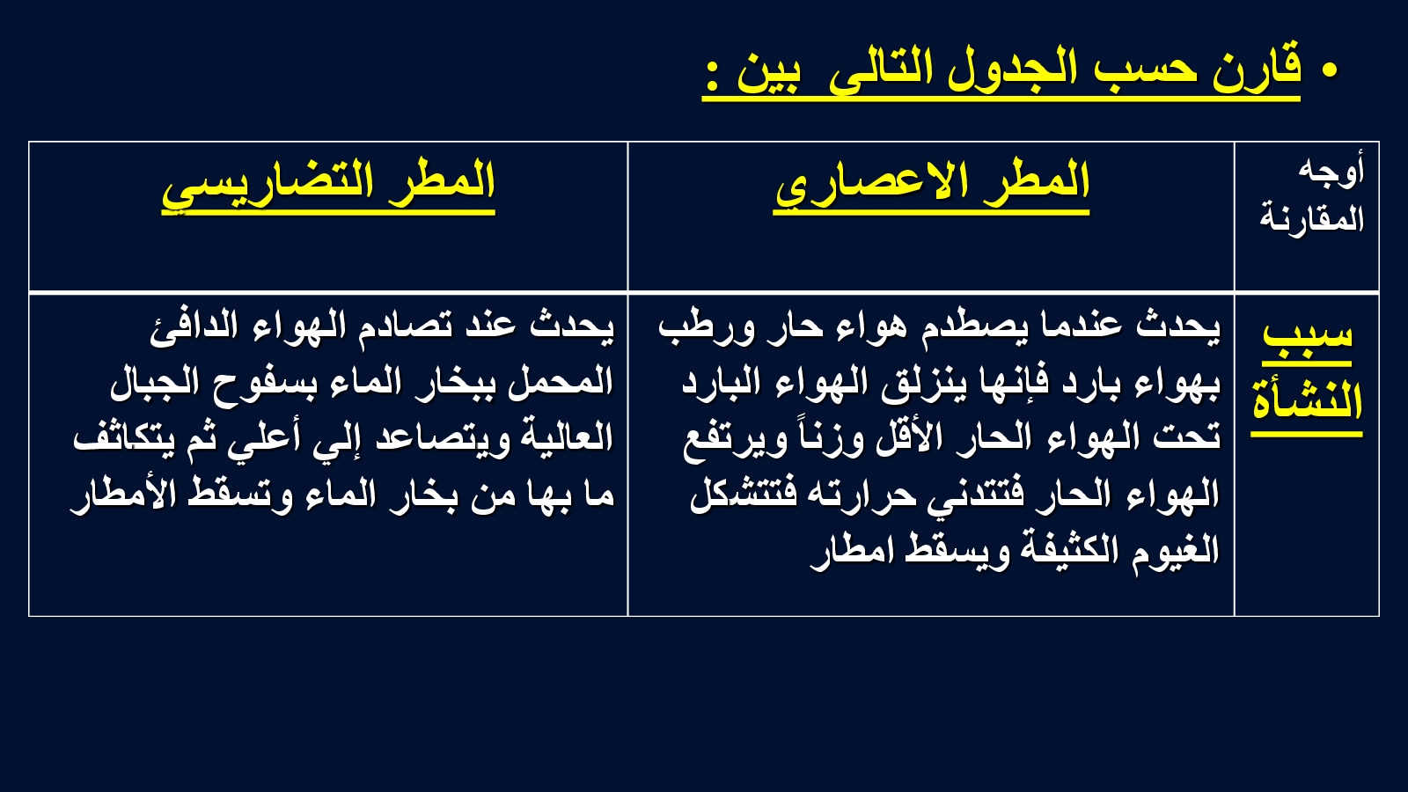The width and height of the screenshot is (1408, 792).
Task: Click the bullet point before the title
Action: click(1329, 70)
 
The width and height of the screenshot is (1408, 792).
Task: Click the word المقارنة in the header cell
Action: click(1312, 220)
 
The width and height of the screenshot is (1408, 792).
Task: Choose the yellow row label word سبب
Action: click(1308, 334)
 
